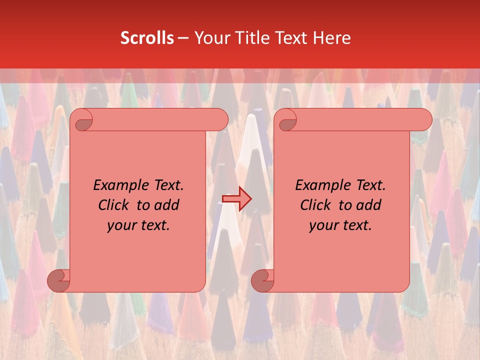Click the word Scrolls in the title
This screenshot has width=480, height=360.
(147, 38)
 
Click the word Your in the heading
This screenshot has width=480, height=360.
(211, 38)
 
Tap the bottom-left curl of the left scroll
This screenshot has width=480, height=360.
(59, 280)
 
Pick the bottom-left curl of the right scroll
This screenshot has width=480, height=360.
(262, 280)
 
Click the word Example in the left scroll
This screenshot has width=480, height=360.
(119, 185)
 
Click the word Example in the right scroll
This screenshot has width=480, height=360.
(321, 185)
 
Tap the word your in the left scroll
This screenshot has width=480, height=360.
(122, 225)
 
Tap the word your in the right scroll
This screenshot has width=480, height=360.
(324, 225)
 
